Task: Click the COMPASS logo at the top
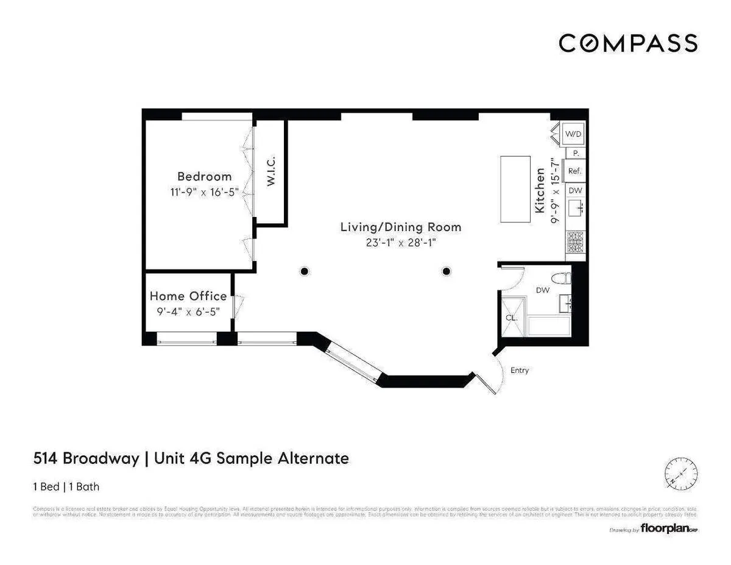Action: pyautogui.click(x=628, y=43)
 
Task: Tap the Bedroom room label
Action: pyautogui.click(x=205, y=176)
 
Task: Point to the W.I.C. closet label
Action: pyautogui.click(x=271, y=171)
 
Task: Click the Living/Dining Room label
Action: pyautogui.click(x=400, y=227)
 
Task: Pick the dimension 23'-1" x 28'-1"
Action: pyautogui.click(x=400, y=243)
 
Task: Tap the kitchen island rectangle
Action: pyautogui.click(x=515, y=189)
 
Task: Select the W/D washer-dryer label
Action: pyautogui.click(x=573, y=133)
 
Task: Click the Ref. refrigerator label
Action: pyautogui.click(x=574, y=171)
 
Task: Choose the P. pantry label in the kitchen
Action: pyautogui.click(x=576, y=154)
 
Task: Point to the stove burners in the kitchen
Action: pyautogui.click(x=575, y=243)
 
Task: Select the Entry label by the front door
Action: pyautogui.click(x=520, y=370)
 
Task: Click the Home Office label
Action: pyautogui.click(x=188, y=296)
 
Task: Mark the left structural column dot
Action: pyautogui.click(x=303, y=271)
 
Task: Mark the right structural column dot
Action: pyautogui.click(x=447, y=271)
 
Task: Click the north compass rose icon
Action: pyautogui.click(x=680, y=472)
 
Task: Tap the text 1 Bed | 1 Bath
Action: pyautogui.click(x=66, y=486)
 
